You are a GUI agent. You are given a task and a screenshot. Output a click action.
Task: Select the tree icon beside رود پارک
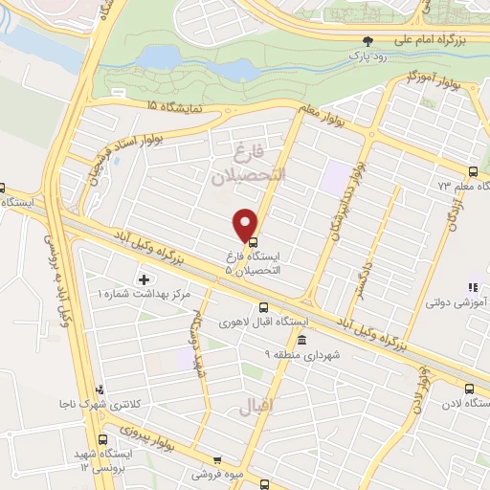[x=367, y=41]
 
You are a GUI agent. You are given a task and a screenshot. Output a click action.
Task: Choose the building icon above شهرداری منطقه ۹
[x=302, y=341]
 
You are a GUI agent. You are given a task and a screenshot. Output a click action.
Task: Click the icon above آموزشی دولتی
[x=471, y=286]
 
